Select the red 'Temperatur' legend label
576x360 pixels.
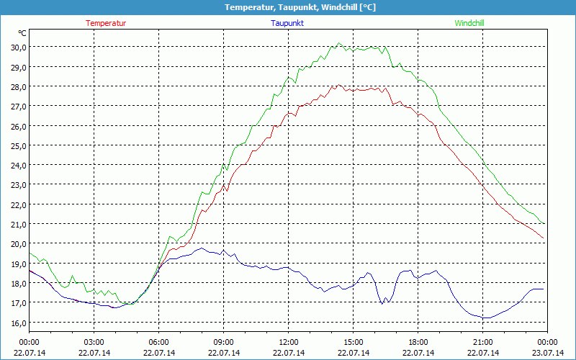106,23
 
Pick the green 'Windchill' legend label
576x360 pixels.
469,23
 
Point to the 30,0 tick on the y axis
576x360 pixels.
17,47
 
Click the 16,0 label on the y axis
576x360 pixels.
17,322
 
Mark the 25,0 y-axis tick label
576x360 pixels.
17,145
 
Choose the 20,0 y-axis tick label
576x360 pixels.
17,243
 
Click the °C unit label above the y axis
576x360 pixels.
22,33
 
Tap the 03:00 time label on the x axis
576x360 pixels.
94,342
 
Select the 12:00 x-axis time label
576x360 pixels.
289,342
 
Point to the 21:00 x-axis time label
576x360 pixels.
483,342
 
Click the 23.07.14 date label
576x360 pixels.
548,352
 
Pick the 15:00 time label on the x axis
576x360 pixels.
354,342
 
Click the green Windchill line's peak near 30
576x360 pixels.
338,44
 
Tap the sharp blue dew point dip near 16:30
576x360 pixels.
382,303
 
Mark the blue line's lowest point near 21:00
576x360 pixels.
486,318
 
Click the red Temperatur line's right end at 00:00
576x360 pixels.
544,238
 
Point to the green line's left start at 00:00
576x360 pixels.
30,252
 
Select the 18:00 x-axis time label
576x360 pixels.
418,342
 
